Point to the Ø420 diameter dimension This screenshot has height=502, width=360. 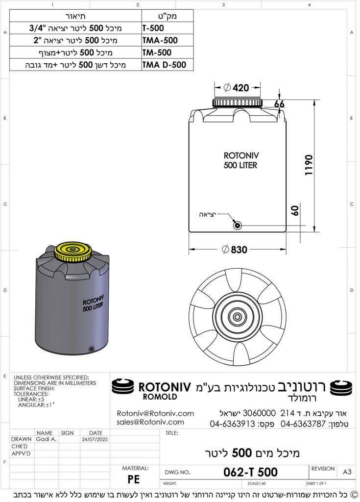click(x=237, y=87)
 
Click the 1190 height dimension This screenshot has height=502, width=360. click(x=309, y=165)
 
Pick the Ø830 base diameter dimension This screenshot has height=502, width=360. click(x=235, y=250)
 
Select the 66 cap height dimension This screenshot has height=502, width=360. click(x=279, y=104)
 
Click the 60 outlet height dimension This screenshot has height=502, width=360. click(x=295, y=210)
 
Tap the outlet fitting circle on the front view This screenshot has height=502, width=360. click(x=237, y=226)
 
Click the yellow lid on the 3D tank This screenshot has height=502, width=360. click(x=72, y=251)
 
